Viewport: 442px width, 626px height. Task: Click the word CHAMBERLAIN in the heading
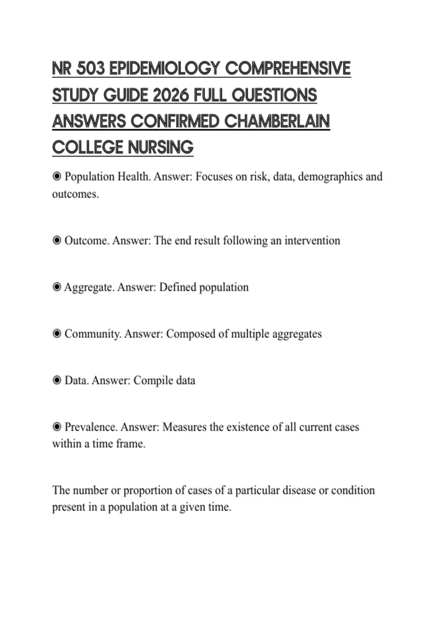pos(277,122)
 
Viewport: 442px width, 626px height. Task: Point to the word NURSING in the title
pos(161,148)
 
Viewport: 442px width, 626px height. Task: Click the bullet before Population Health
pos(57,177)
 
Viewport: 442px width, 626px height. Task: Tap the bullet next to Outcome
pos(57,240)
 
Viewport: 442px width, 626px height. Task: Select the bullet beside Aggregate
pos(57,287)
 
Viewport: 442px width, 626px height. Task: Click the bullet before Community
pos(57,334)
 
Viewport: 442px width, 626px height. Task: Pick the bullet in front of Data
pos(57,380)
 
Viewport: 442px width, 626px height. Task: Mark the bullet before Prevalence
pos(57,427)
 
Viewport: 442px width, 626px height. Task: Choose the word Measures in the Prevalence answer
pos(184,427)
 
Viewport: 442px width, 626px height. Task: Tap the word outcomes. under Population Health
pos(76,194)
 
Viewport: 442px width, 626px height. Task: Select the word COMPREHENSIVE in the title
pos(288,68)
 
